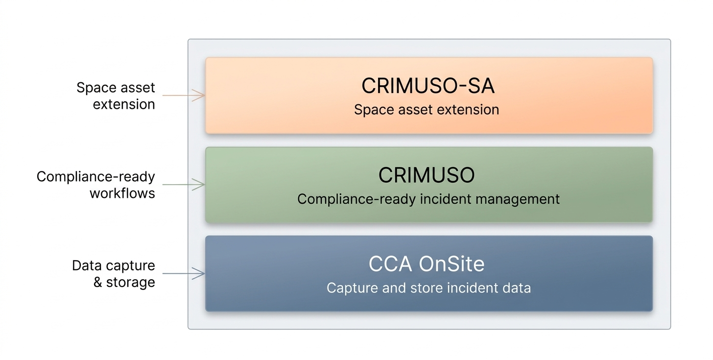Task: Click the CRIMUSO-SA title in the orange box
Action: [x=428, y=86]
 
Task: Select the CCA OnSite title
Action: [x=427, y=264]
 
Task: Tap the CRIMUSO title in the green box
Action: [x=427, y=175]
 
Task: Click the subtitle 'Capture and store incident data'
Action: [x=428, y=287]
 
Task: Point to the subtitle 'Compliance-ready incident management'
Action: [x=428, y=199]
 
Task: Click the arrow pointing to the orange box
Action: [x=184, y=96]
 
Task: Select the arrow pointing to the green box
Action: [x=184, y=185]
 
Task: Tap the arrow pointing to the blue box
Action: [x=184, y=274]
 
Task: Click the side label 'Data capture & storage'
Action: [x=114, y=274]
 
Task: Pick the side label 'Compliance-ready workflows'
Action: [x=96, y=185]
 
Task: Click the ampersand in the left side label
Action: [x=98, y=283]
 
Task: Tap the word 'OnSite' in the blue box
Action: [x=452, y=264]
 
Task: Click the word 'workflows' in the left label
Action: [x=122, y=193]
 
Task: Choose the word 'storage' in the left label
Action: [x=130, y=283]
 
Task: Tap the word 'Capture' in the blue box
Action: [x=346, y=287]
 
